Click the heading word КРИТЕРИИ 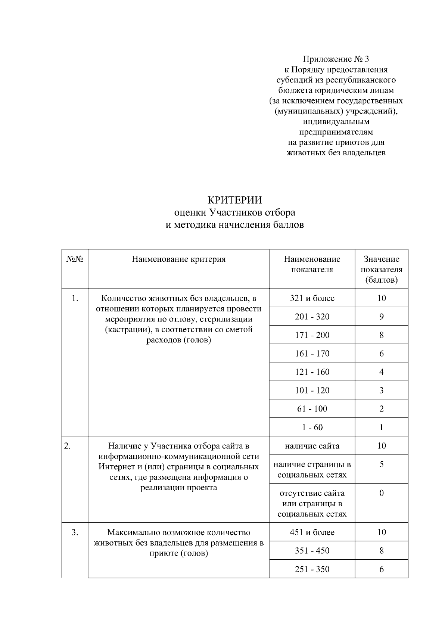[234, 200]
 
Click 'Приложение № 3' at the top [336, 59]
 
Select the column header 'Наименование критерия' [178, 259]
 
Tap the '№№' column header [75, 259]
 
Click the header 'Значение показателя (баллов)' [381, 269]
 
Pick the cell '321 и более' [312, 298]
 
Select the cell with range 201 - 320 [312, 317]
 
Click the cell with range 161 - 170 [312, 353]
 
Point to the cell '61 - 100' [312, 408]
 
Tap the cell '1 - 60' [312, 427]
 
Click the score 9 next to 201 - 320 [381, 317]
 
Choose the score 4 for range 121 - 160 [381, 372]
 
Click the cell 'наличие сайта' [312, 445]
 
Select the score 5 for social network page [381, 464]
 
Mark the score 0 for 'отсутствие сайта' [381, 493]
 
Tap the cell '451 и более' [312, 532]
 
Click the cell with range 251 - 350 [312, 569]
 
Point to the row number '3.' [75, 532]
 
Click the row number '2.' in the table [68, 446]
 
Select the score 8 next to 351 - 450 [381, 551]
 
